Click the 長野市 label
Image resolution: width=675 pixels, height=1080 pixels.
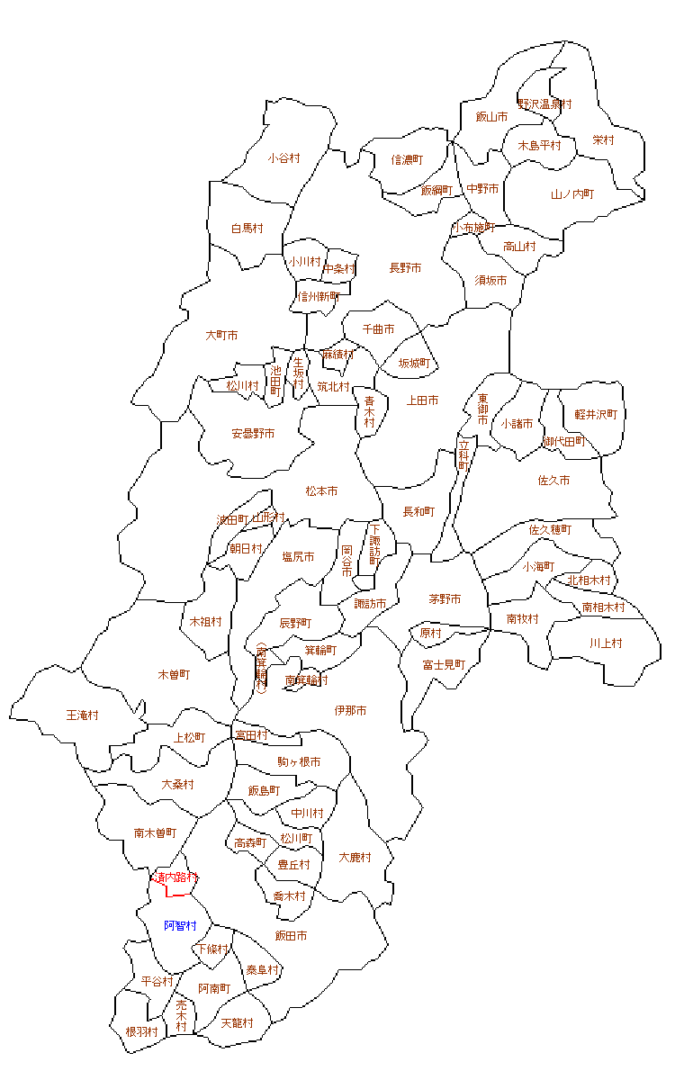(x=405, y=268)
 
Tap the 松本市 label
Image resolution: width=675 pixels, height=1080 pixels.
(x=321, y=491)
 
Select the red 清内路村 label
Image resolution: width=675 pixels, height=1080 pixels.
(x=174, y=877)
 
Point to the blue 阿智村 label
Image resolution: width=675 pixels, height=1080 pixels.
(x=180, y=925)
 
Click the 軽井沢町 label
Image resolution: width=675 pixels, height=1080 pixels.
(x=596, y=414)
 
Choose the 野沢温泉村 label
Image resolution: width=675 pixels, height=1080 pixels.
(x=544, y=104)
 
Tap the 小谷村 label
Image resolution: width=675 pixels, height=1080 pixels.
(x=283, y=158)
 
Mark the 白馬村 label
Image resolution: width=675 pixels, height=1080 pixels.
(x=247, y=229)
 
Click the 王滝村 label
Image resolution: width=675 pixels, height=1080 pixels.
(x=83, y=715)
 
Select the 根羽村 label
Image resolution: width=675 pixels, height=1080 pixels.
(x=142, y=1031)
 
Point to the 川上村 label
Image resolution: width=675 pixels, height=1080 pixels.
(x=606, y=643)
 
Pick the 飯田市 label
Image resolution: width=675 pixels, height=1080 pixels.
(x=291, y=936)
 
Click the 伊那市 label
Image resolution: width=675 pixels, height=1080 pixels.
(x=350, y=711)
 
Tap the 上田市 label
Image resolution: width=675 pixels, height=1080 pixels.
(x=423, y=400)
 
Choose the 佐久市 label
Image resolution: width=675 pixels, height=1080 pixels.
(x=553, y=481)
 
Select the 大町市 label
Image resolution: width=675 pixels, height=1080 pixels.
(x=221, y=336)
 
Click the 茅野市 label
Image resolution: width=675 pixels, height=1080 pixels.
(x=445, y=599)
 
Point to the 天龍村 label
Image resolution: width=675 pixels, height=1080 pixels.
(x=237, y=1023)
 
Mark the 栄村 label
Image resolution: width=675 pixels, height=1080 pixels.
(x=603, y=140)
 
